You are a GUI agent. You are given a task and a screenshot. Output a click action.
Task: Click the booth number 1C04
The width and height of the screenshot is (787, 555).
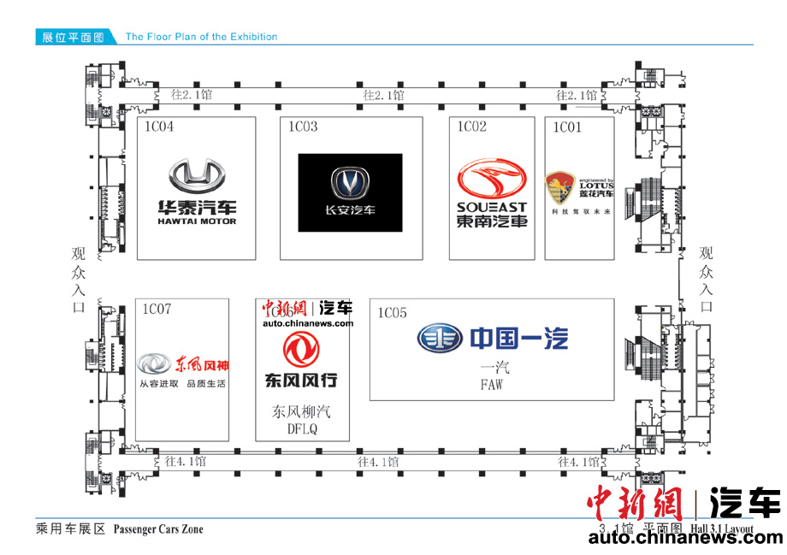pyautogui.click(x=158, y=127)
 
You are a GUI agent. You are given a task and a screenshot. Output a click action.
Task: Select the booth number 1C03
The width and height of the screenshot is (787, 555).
pyautogui.click(x=302, y=127)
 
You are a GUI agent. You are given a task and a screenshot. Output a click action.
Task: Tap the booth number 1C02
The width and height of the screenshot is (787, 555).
pyautogui.click(x=471, y=127)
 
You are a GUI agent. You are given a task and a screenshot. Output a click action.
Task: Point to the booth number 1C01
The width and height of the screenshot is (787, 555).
pyautogui.click(x=566, y=127)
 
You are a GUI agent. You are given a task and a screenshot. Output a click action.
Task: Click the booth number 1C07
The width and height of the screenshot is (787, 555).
pyautogui.click(x=157, y=309)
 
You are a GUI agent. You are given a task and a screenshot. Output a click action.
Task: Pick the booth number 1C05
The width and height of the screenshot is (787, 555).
pyautogui.click(x=392, y=313)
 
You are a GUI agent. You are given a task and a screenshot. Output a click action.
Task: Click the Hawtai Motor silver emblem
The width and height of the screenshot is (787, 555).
pyautogui.click(x=197, y=177)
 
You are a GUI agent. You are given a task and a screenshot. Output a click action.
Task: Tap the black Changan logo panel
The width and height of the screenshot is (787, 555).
pyautogui.click(x=350, y=192)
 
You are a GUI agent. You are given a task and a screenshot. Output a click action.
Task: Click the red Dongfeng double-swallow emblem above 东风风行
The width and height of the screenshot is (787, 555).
pyautogui.click(x=300, y=351)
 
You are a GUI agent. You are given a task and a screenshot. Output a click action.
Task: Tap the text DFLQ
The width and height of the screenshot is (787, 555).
pyautogui.click(x=301, y=430)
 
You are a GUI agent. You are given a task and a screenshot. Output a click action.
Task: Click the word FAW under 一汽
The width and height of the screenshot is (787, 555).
pyautogui.click(x=491, y=386)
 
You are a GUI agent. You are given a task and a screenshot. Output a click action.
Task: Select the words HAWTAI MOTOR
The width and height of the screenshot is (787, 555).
pyautogui.click(x=197, y=221)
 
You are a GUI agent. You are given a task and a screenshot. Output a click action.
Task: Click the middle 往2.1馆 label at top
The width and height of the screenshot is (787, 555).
pyautogui.click(x=383, y=95)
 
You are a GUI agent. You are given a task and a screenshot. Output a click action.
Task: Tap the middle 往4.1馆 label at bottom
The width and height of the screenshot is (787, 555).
pyautogui.click(x=378, y=463)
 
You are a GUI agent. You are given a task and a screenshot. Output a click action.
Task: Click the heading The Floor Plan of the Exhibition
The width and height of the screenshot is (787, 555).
pyautogui.click(x=201, y=37)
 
